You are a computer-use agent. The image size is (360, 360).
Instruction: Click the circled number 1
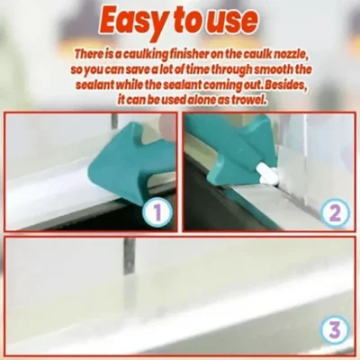click(155, 214)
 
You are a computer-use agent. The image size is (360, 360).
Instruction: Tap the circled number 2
click(334, 214)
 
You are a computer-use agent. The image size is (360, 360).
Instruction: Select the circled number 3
click(334, 329)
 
